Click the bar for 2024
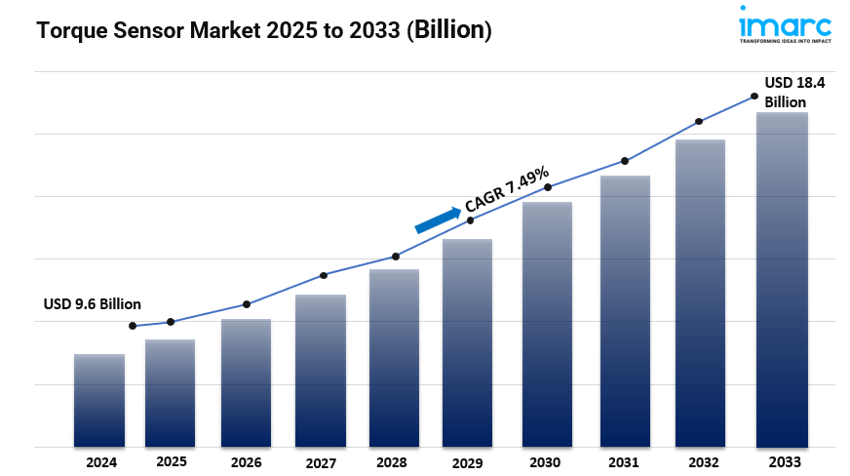pyautogui.click(x=99, y=400)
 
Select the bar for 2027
pyautogui.click(x=321, y=371)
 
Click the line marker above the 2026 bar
pyautogui.click(x=247, y=304)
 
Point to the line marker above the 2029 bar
pyautogui.click(x=471, y=220)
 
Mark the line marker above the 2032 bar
pyautogui.click(x=699, y=122)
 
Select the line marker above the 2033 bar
pyautogui.click(x=753, y=96)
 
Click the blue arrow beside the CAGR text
pyautogui.click(x=438, y=220)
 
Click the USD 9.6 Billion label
pyautogui.click(x=93, y=304)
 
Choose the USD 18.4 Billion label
pyautogui.click(x=793, y=93)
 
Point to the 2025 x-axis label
pyautogui.click(x=172, y=460)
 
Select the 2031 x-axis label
pyautogui.click(x=622, y=461)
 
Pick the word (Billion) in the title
pyautogui.click(x=449, y=31)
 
